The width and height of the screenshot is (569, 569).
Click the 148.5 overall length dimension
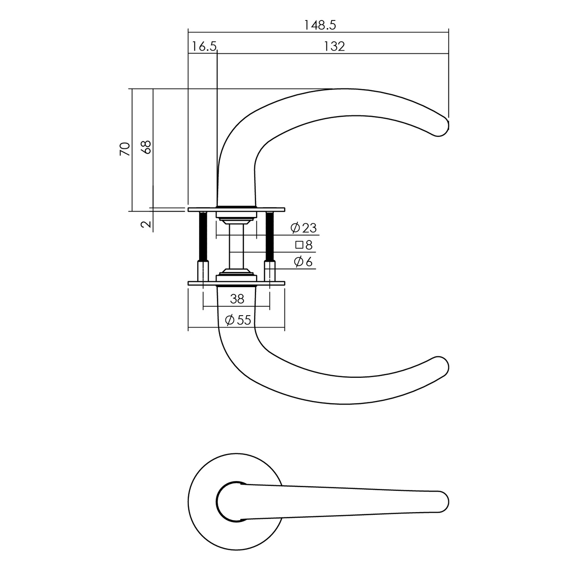coord(320,25)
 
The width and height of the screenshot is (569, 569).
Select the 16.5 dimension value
coord(204,46)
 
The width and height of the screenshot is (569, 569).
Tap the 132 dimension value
coord(334,46)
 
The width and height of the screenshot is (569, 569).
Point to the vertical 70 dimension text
coord(125,149)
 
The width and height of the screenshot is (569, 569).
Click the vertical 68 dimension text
coord(146,147)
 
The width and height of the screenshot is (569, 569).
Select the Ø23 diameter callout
coord(304,228)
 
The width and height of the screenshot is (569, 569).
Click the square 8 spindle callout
coord(305,245)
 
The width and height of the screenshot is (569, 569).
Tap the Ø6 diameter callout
coord(304,262)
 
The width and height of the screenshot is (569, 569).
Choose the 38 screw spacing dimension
coord(237,299)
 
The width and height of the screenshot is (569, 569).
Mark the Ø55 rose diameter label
coord(238,320)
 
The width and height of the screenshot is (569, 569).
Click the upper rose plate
coord(236,208)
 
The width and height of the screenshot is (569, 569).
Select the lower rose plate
coord(236,283)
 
